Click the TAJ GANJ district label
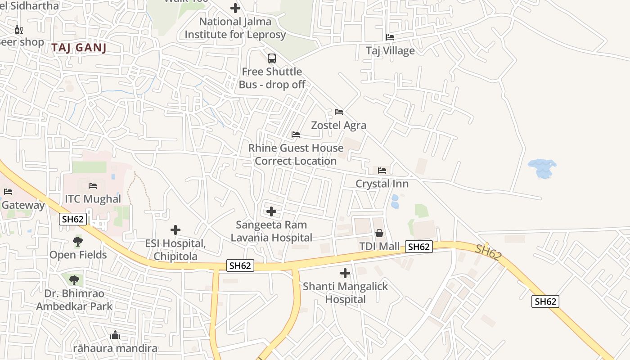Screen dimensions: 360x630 pos(79,48)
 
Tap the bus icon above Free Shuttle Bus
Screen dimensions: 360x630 pos(272,58)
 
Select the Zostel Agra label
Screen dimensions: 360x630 pos(338,125)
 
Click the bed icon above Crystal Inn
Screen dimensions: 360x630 pos(382,171)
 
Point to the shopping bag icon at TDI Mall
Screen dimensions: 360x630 pos(379,233)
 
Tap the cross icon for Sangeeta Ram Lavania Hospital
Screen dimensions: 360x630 pos(271,211)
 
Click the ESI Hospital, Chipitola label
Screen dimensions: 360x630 pos(175,250)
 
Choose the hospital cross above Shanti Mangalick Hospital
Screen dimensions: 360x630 pos(345,273)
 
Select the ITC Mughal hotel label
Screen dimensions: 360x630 pos(93,199)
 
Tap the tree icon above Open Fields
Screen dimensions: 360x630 pos(78,242)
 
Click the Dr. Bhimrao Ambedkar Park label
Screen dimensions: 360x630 pos(74,300)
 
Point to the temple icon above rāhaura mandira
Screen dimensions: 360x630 pos(115,335)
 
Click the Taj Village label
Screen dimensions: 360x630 pos(390,50)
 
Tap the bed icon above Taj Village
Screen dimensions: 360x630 pos(390,37)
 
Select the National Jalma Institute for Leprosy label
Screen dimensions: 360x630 pos(235,28)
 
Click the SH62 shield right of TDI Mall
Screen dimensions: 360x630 pos(418,247)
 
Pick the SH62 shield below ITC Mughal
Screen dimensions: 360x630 pos(73,219)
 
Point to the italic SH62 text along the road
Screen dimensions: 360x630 pos(488,253)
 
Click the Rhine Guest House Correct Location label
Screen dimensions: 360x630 pos(296,154)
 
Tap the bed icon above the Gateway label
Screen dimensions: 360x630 pos(8,192)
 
